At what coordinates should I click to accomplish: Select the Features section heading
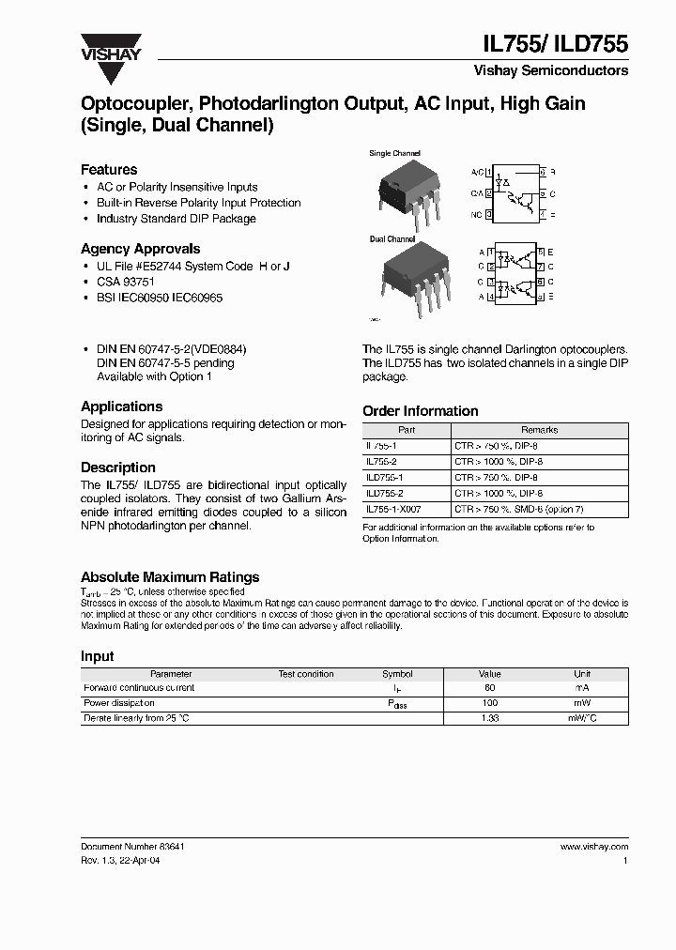click(x=109, y=170)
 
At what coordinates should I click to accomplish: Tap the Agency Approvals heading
click(x=140, y=249)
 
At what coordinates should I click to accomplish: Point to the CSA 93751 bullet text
click(x=126, y=282)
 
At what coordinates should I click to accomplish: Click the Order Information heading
click(x=420, y=411)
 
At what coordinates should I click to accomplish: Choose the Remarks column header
click(x=539, y=430)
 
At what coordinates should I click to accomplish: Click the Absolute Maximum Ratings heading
click(x=170, y=577)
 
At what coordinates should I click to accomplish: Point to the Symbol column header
click(x=397, y=674)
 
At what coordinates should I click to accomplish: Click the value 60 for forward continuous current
click(x=490, y=688)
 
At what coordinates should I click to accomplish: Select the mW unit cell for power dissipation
click(x=582, y=703)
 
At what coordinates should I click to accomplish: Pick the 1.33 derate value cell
click(x=490, y=718)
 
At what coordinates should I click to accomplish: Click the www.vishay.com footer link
click(x=593, y=847)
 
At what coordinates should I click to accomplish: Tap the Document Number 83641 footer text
click(x=132, y=847)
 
